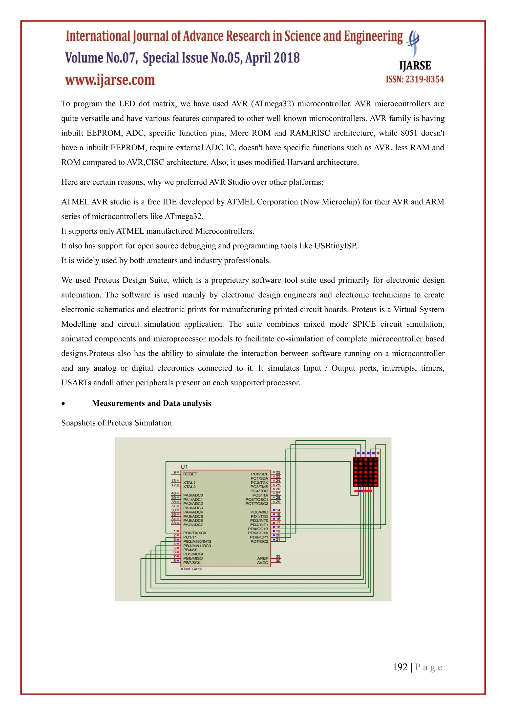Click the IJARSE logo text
pyautogui.click(x=415, y=66)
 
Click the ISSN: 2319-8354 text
pyautogui.click(x=415, y=79)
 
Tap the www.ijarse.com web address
pyautogui.click(x=110, y=80)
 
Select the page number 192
pyautogui.click(x=400, y=667)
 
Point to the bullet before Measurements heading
pyautogui.click(x=63, y=404)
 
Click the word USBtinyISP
pyautogui.click(x=335, y=246)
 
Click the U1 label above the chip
pyautogui.click(x=184, y=466)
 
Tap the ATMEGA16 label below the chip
pyautogui.click(x=191, y=569)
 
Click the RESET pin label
pyautogui.click(x=190, y=474)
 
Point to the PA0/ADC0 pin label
pyautogui.click(x=193, y=495)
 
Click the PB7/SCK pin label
pyautogui.click(x=192, y=563)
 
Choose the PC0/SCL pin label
pyautogui.click(x=259, y=474)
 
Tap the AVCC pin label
pyautogui.click(x=262, y=563)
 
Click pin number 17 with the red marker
pyautogui.click(x=278, y=523)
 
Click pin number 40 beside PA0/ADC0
pyautogui.click(x=173, y=493)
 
